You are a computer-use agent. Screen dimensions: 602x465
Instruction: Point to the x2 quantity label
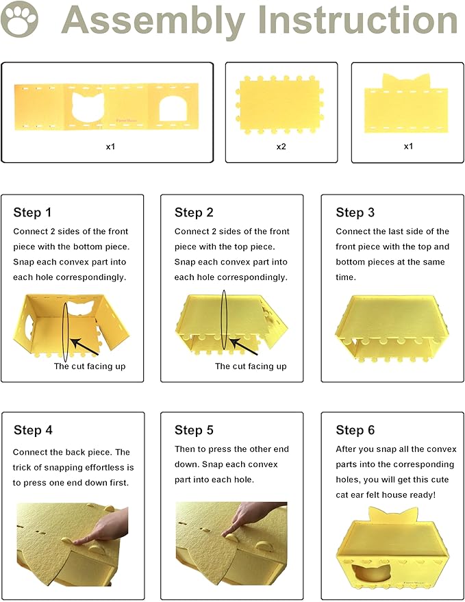click(281, 147)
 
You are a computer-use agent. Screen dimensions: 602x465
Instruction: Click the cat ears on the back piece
click(407, 81)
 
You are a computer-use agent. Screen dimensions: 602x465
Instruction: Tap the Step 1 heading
click(32, 212)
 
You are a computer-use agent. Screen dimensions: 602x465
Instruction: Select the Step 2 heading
click(194, 212)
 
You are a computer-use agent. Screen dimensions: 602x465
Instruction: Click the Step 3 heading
click(355, 212)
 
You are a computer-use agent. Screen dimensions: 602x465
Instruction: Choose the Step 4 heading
click(33, 430)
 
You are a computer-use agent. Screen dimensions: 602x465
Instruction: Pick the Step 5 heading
click(194, 430)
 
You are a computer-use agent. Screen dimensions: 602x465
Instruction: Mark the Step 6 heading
click(355, 430)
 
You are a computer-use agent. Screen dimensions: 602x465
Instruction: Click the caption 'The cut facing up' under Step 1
click(90, 366)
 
